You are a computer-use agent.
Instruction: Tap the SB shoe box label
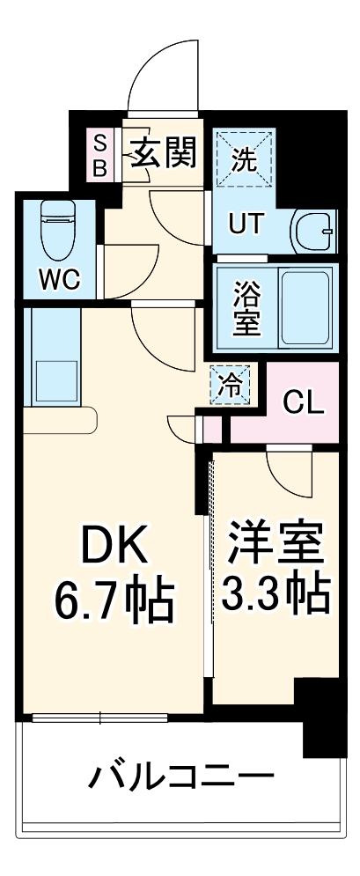[x=99, y=155]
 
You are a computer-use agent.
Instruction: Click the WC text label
[x=60, y=280]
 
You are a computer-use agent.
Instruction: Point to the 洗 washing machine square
[x=244, y=159]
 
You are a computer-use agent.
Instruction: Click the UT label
[x=246, y=224]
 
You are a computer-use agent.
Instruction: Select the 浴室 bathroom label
[x=246, y=306]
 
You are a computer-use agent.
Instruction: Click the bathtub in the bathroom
[x=305, y=306]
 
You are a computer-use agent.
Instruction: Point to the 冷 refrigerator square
[x=230, y=384]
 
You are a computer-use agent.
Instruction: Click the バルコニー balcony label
[x=180, y=778]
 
